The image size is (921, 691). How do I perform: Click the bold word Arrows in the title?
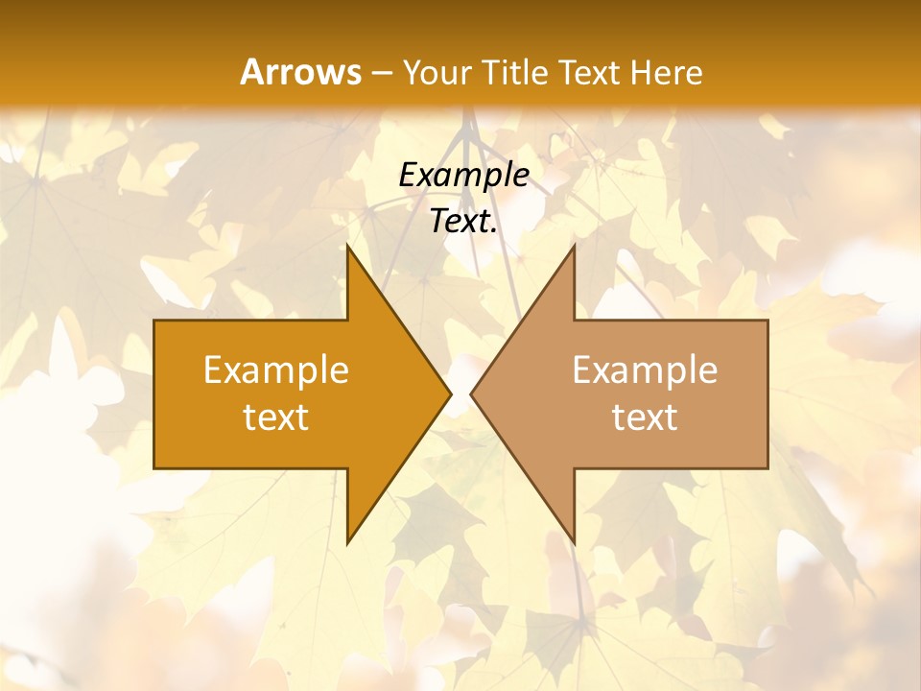tap(300, 72)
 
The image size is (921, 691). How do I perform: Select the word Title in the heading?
tap(519, 73)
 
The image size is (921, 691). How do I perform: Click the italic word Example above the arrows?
tap(464, 176)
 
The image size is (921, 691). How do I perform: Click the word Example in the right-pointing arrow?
tap(276, 370)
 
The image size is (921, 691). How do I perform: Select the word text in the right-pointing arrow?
tap(276, 417)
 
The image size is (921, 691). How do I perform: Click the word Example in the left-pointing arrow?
tap(645, 370)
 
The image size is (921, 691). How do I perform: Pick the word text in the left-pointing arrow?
tap(645, 417)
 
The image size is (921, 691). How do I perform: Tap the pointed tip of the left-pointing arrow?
tap(472, 393)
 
